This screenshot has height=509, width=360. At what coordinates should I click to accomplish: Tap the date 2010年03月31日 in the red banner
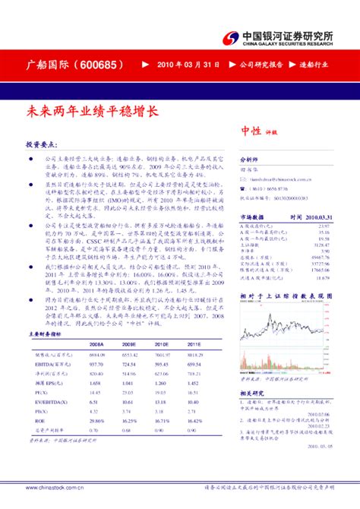tap(182, 65)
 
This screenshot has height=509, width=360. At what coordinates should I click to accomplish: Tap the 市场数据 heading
tap(253, 217)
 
